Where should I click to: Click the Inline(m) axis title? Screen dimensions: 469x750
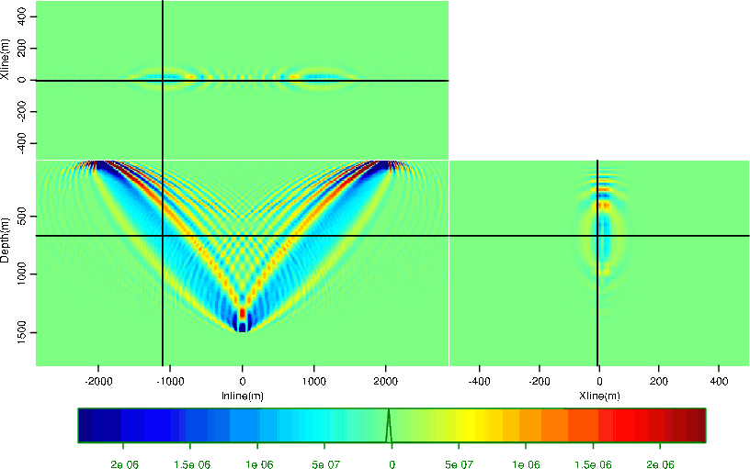(x=243, y=396)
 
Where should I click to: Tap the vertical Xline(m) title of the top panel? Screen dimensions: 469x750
(x=6, y=60)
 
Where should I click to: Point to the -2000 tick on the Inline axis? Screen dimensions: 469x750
(x=98, y=380)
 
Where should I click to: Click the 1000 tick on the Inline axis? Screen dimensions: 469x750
(x=314, y=380)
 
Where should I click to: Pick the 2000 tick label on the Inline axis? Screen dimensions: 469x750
(x=386, y=380)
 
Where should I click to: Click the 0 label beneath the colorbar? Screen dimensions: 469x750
(x=392, y=465)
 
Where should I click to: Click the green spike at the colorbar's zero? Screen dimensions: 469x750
(x=389, y=424)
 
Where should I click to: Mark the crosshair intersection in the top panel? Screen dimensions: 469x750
(x=163, y=81)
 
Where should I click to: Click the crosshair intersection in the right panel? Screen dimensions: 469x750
(x=597, y=236)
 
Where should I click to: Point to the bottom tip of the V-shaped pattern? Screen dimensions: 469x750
(x=243, y=329)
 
